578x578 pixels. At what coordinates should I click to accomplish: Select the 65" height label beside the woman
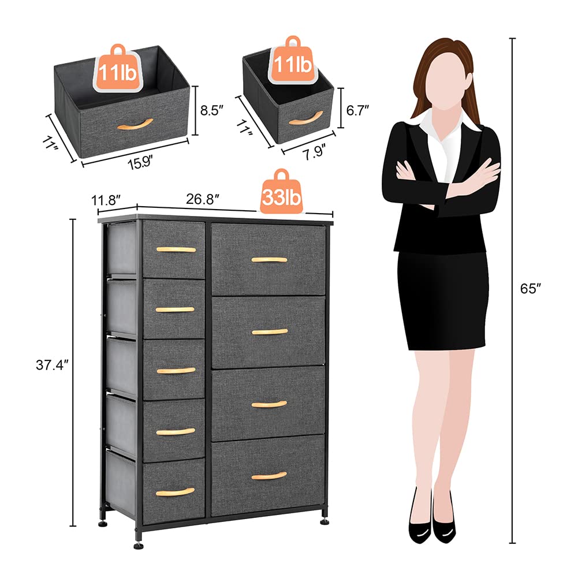528,289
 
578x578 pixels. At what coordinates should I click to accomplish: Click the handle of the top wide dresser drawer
269,260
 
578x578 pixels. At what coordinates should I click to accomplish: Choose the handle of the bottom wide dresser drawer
269,476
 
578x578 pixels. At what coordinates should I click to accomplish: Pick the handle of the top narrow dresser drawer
176,249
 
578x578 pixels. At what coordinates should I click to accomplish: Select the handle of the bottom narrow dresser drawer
176,492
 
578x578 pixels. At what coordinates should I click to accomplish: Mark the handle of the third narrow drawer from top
176,370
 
